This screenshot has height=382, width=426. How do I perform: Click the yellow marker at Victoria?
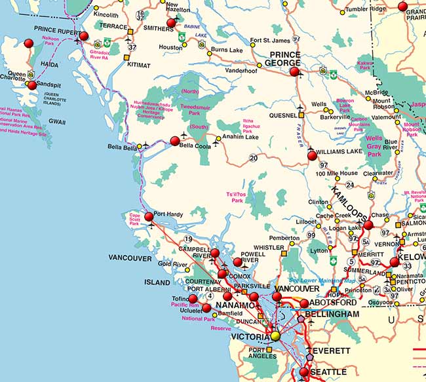click(x=275, y=335)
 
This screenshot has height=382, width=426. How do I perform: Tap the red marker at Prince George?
click(x=294, y=71)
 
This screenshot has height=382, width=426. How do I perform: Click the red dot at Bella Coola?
click(x=175, y=141)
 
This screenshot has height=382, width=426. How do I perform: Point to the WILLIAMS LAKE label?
click(x=339, y=151)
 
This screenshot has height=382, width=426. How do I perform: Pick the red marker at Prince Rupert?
click(x=84, y=36)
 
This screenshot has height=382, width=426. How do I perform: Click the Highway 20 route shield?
click(x=253, y=158)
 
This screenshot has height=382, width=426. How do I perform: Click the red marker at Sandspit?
click(x=31, y=85)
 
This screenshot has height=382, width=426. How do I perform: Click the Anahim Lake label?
click(x=241, y=137)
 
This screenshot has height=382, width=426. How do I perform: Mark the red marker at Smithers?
click(x=172, y=22)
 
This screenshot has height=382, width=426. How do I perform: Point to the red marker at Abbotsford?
click(x=304, y=303)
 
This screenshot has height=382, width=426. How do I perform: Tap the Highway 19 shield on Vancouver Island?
click(x=188, y=239)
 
